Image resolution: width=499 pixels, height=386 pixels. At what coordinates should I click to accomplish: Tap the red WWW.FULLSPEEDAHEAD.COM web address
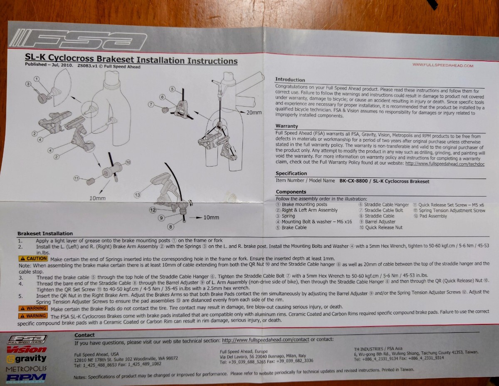[443, 65]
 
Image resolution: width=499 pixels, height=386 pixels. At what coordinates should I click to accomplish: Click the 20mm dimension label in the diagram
[254, 112]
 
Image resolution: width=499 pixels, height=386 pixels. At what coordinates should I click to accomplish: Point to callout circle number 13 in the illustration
[137, 195]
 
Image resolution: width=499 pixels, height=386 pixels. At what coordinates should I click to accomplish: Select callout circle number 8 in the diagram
[170, 227]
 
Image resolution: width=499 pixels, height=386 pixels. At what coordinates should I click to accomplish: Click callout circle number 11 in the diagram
[77, 178]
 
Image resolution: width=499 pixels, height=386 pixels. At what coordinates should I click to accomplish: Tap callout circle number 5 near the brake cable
[172, 89]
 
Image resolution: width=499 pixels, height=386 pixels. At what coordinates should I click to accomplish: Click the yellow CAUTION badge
[33, 259]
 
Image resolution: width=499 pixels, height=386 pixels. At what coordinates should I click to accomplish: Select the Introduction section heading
[290, 80]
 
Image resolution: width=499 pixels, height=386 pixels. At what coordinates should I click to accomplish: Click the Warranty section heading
[287, 126]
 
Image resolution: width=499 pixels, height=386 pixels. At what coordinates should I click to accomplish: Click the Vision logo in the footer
[27, 349]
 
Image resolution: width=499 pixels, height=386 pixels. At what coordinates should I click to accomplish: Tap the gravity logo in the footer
[27, 359]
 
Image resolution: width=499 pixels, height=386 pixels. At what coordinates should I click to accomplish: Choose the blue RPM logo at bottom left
[26, 378]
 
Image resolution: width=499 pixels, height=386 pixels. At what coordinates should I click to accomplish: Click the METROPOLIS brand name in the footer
[26, 369]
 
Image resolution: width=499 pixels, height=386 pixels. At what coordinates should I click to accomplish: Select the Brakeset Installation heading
[45, 234]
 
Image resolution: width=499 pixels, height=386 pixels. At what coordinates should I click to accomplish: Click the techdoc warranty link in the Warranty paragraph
[445, 164]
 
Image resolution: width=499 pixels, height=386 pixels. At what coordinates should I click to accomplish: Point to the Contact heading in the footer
[84, 335]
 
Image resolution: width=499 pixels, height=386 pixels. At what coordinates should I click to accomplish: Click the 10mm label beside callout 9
[211, 217]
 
